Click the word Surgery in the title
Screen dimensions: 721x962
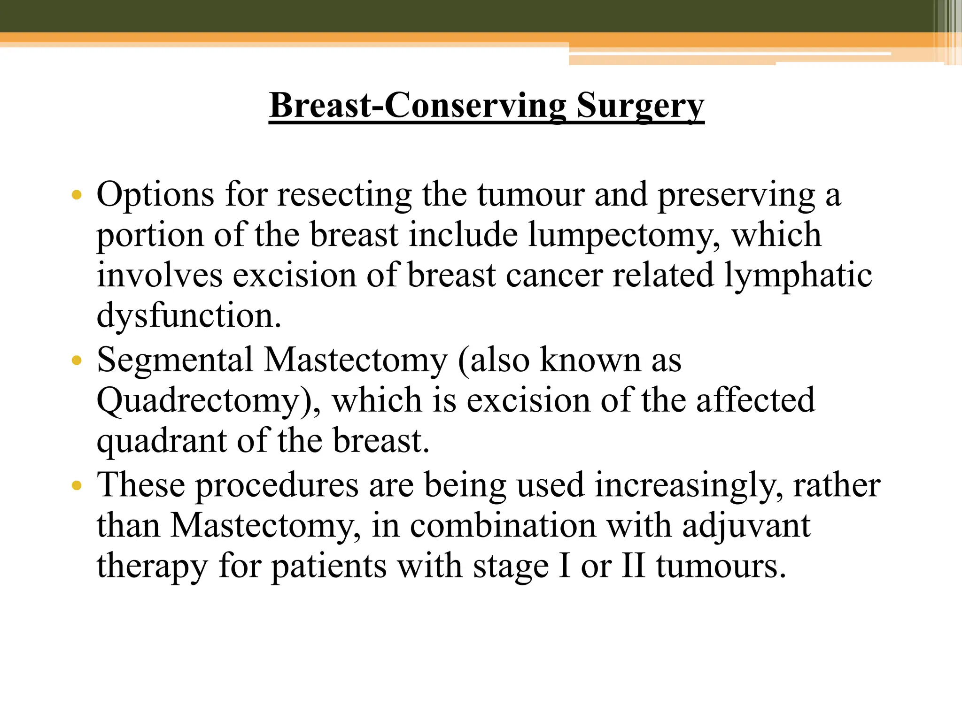[640, 106]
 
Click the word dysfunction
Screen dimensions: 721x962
[189, 316]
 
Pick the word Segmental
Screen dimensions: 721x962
[175, 360]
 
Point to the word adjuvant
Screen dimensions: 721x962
[746, 526]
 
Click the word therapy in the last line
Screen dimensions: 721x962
[152, 567]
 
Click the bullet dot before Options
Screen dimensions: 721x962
[77, 195]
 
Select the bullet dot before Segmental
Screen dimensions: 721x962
[77, 361]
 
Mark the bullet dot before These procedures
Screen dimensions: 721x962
[77, 485]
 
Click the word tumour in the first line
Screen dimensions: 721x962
[532, 195]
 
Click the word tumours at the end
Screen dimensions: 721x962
[721, 567]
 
